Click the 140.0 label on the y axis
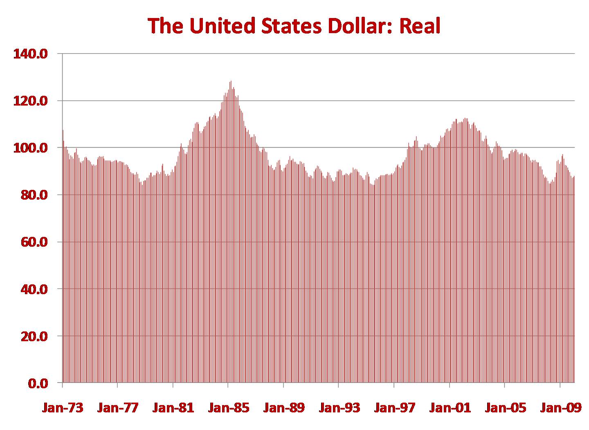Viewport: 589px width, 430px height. click(x=31, y=54)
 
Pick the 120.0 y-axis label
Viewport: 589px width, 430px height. click(x=31, y=101)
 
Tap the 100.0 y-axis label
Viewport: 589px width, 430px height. click(x=31, y=148)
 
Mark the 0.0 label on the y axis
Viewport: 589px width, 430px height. click(x=38, y=383)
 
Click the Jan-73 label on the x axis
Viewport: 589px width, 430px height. click(x=62, y=408)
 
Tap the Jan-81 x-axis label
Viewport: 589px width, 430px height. click(x=173, y=408)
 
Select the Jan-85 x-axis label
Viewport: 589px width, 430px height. click(x=228, y=408)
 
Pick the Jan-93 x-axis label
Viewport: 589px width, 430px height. click(x=339, y=408)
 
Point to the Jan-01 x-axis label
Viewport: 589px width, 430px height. click(x=450, y=408)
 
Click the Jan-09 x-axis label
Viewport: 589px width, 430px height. click(x=560, y=408)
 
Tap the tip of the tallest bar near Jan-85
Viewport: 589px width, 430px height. click(x=231, y=81)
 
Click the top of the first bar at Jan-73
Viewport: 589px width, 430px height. click(x=63, y=130)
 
